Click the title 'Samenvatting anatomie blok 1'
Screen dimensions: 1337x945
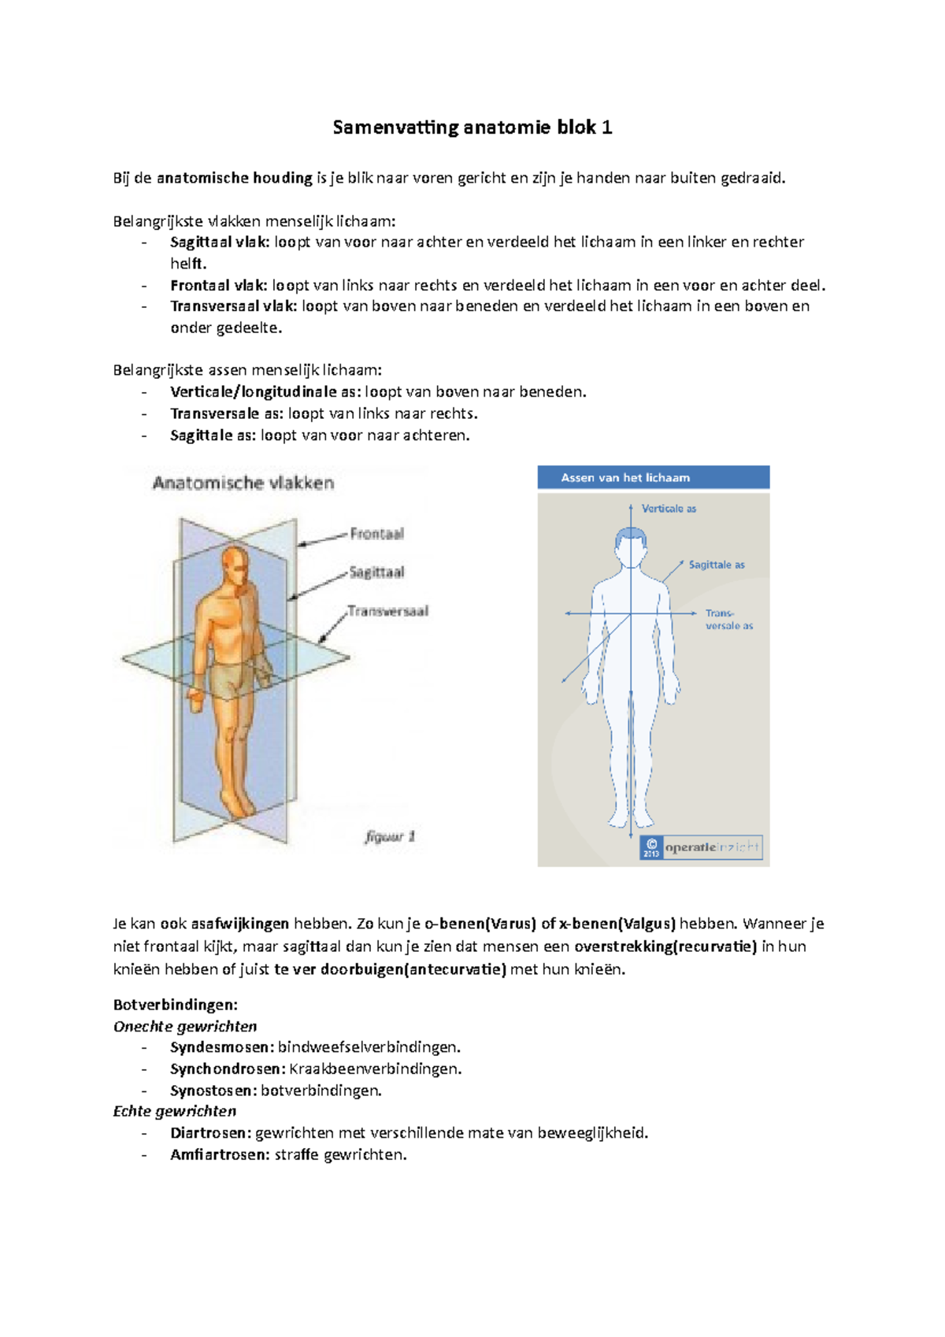[472, 128]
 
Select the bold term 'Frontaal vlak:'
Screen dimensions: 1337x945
[218, 286]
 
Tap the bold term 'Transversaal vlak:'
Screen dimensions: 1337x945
[233, 306]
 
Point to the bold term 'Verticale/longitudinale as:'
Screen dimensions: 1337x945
[265, 392]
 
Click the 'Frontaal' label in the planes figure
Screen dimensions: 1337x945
[376, 534]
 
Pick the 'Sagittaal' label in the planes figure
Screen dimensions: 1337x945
[376, 572]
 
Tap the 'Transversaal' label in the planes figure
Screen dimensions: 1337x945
[388, 611]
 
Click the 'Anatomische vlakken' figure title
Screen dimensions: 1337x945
[243, 483]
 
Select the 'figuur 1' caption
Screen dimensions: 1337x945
[390, 836]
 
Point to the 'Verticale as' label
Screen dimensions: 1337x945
[669, 509]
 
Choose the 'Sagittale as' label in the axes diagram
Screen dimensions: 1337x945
[716, 565]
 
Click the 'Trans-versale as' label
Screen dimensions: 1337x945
[728, 620]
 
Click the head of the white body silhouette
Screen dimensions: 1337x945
[631, 545]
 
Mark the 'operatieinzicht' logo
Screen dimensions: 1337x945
[701, 847]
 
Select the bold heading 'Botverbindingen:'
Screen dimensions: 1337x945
[175, 1005]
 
